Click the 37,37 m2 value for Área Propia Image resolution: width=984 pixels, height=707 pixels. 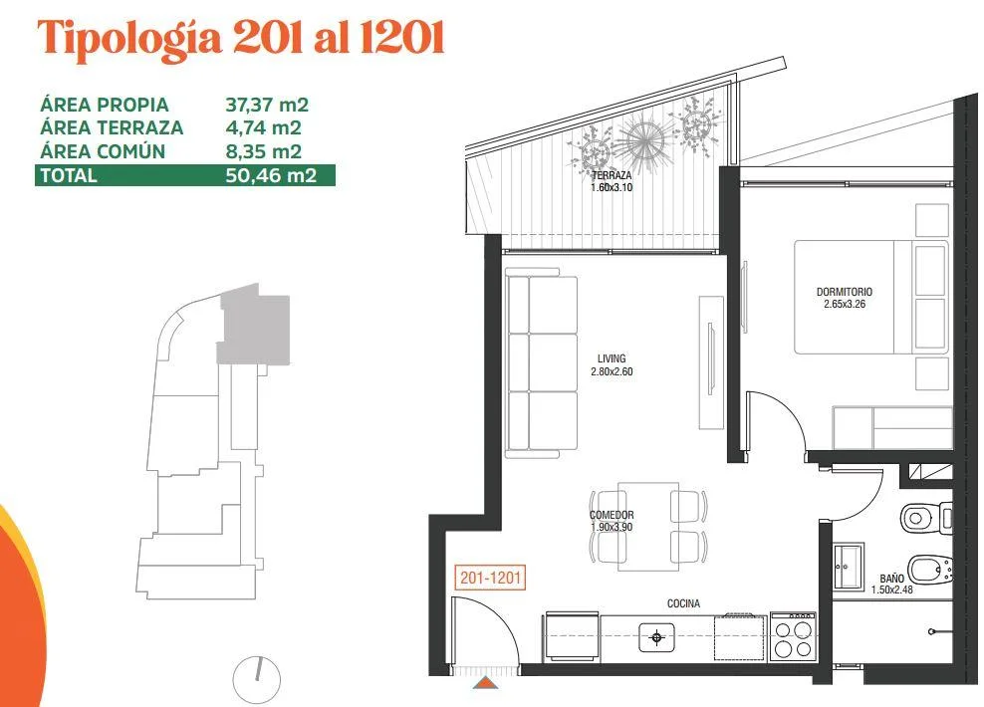coord(267,105)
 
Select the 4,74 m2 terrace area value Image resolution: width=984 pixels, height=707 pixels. coord(264,128)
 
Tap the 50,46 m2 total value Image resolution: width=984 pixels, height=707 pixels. coord(271,175)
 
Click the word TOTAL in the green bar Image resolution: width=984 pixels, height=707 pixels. coord(69,175)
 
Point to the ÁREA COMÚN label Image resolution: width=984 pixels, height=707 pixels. coord(103,151)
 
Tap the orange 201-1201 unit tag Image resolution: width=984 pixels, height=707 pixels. coord(490,578)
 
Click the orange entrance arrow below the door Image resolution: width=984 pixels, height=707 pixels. coord(485,682)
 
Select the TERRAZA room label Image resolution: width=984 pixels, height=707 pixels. coord(612,175)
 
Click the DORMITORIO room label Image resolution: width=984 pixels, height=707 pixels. coord(844,292)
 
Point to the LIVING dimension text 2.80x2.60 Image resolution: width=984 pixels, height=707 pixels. coord(612,371)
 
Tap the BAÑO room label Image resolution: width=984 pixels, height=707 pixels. coord(891,579)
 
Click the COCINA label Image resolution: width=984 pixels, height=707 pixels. coord(683,603)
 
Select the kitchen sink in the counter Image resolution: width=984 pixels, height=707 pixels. coord(656,638)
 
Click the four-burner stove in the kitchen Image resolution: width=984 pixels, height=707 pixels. coord(793,635)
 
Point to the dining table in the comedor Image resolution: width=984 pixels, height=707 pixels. coord(648,527)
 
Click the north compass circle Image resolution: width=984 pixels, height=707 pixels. coord(257,679)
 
